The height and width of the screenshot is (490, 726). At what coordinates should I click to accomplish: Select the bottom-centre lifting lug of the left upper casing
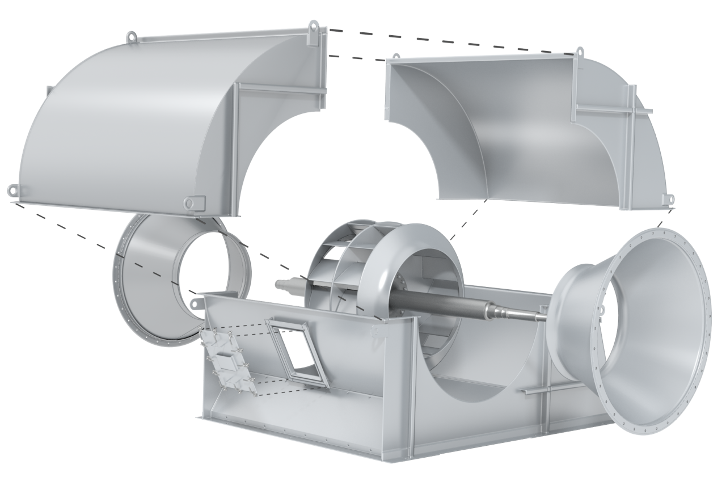point(193,202)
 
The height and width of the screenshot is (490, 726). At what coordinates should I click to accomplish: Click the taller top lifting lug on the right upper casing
point(580,51)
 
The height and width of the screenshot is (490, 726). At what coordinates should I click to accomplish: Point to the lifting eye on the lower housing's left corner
point(196,304)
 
